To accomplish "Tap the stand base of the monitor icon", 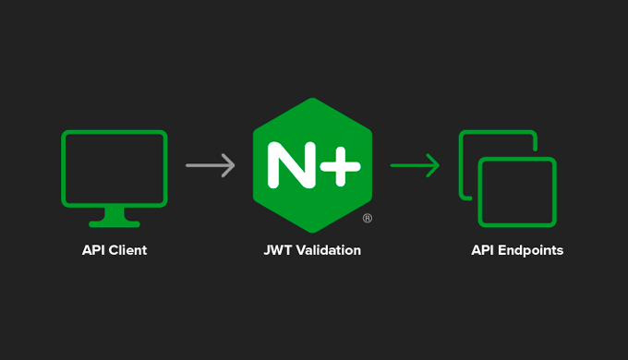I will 114,222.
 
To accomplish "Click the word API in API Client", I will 93,250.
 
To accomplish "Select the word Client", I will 127,250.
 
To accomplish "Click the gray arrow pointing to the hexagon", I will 211,166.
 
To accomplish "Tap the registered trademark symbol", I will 367,219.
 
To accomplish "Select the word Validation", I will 328,250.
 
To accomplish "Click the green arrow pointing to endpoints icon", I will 415,166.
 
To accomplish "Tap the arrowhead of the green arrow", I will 433,166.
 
